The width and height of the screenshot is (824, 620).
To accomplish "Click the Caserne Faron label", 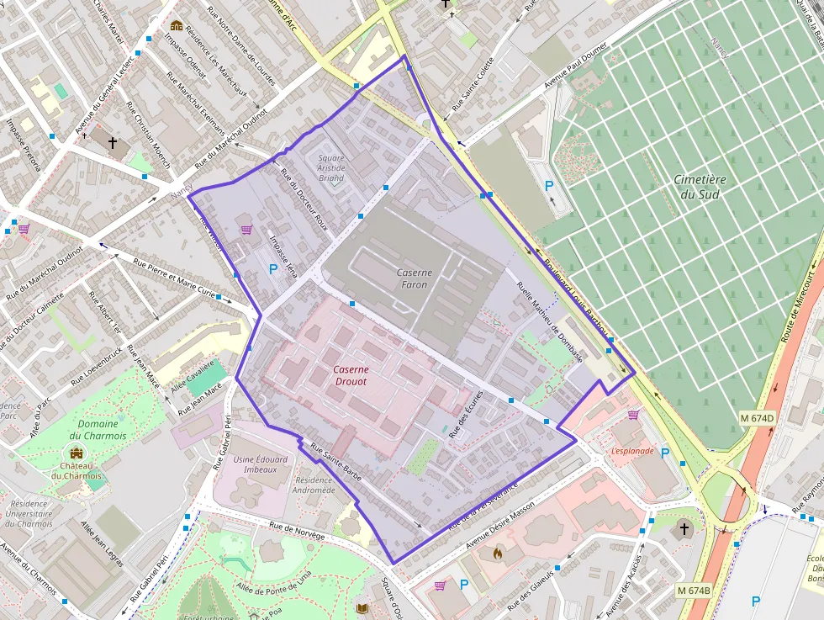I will tap(414, 278).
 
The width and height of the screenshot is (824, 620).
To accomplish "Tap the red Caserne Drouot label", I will tap(350, 375).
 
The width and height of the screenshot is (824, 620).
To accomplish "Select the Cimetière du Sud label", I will tap(700, 187).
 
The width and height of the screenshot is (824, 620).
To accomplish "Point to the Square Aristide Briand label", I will tap(331, 167).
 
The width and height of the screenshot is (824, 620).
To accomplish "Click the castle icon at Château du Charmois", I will tap(77, 454).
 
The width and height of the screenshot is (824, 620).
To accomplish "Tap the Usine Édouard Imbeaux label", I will tap(261, 464).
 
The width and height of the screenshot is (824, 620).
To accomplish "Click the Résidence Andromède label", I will tap(314, 485).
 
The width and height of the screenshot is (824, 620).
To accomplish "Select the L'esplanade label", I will tap(632, 451).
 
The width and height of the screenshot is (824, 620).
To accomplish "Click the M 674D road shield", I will tap(758, 418).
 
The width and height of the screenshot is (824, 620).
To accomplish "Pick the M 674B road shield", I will tap(694, 591).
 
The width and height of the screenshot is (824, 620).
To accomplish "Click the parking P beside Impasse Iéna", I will tap(272, 269).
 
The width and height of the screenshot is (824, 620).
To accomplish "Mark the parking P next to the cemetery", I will tap(550, 186).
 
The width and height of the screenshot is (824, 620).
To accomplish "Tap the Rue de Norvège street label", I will tap(296, 528).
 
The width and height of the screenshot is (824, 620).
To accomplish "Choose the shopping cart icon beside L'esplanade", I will tap(633, 414).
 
